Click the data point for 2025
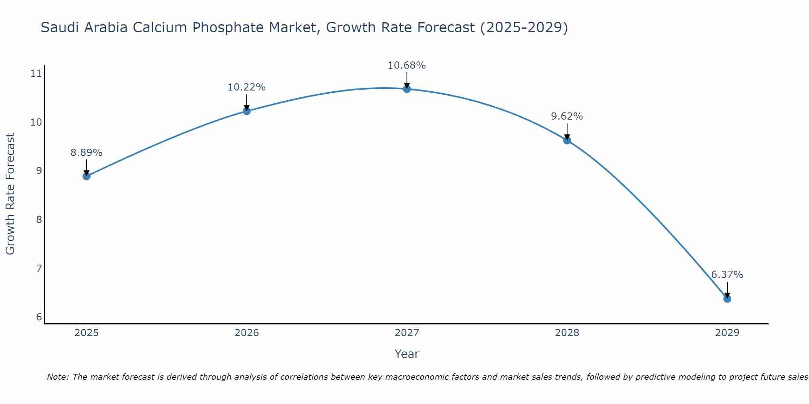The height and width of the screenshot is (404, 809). point(86,176)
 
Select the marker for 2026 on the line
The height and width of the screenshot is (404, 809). point(247,111)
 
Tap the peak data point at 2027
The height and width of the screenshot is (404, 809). point(407,89)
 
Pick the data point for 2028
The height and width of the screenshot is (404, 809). point(567,140)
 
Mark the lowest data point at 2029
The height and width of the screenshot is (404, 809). point(727,299)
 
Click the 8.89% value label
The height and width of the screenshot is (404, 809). point(86,153)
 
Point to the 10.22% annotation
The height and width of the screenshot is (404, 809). point(246,87)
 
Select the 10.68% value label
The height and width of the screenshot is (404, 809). point(407,65)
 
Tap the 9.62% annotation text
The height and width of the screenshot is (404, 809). point(567,116)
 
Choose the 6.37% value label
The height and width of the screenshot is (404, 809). point(727,275)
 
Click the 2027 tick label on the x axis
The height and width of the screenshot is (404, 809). point(407,333)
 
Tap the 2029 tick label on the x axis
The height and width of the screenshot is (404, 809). point(727,333)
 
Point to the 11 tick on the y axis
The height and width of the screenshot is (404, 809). point(36,74)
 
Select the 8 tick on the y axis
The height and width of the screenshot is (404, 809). point(39,220)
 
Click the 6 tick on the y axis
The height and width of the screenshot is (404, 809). point(39,317)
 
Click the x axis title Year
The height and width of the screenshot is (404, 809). point(407,354)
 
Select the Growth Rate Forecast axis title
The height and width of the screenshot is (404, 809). point(11,194)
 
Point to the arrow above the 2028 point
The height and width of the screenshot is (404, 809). point(567,131)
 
